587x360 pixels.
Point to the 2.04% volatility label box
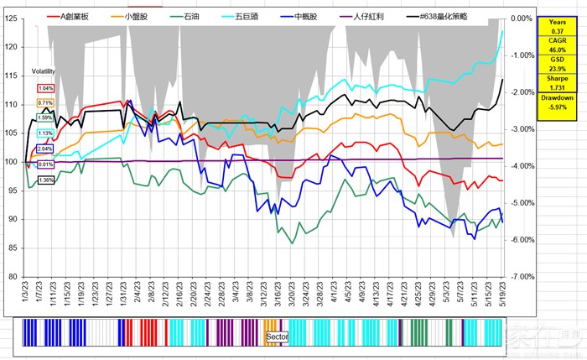coord(45,149)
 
